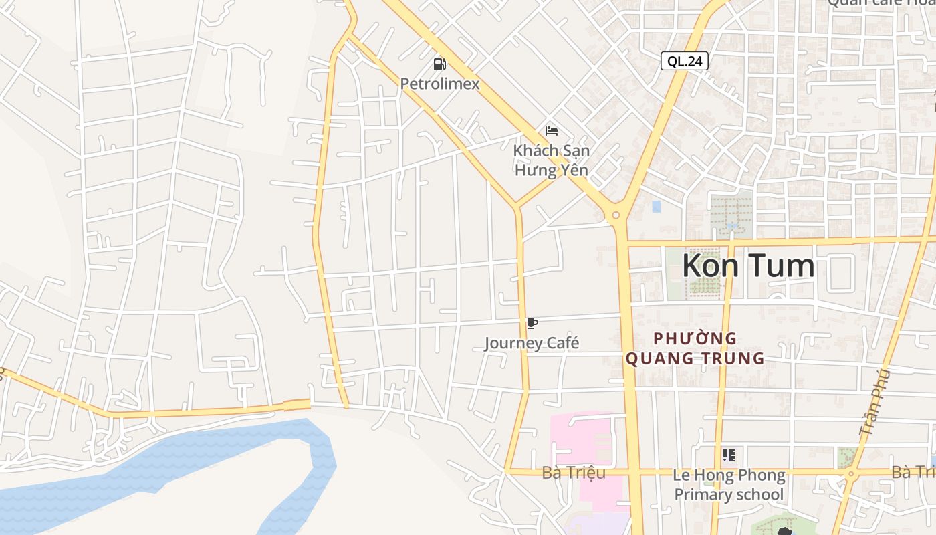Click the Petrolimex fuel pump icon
click(439, 64)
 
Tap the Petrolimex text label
click(440, 84)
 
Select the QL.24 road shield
click(685, 61)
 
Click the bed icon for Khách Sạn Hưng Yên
click(552, 130)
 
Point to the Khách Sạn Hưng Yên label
click(551, 160)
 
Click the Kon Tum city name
click(748, 265)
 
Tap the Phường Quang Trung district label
click(695, 348)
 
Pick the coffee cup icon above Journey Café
click(532, 324)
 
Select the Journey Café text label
click(532, 343)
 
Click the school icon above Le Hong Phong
click(729, 455)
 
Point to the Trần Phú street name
click(875, 403)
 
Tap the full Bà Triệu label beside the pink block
click(574, 473)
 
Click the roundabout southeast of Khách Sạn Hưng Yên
click(616, 215)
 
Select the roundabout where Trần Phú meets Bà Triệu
click(850, 474)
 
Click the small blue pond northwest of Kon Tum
click(656, 207)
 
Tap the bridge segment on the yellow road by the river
click(297, 404)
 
